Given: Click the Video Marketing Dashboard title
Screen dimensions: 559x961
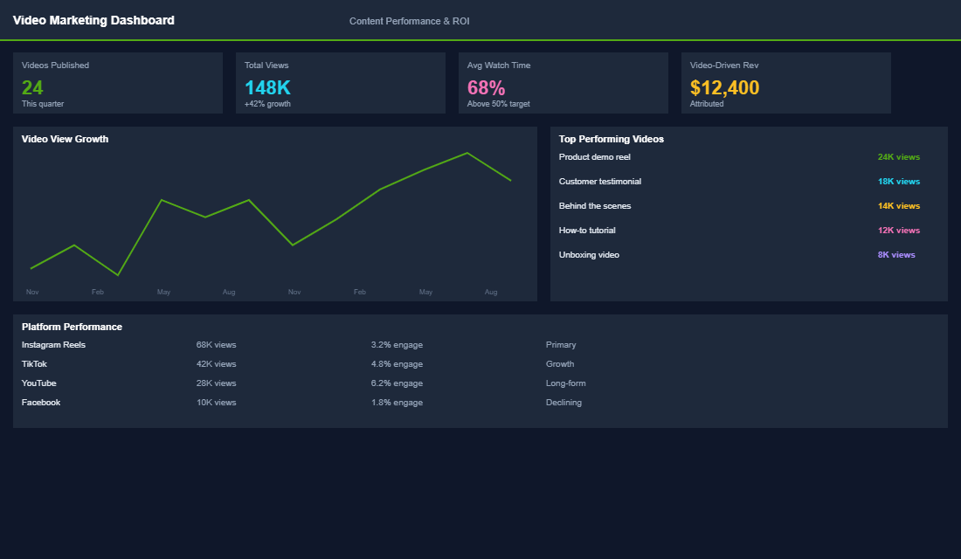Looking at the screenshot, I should pos(93,20).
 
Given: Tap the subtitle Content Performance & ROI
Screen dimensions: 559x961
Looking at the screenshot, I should pos(409,21).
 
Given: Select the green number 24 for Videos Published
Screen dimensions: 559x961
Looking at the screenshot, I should pos(32,87).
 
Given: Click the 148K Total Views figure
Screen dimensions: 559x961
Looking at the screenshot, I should pos(267,87).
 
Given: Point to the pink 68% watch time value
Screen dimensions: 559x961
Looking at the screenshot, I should pos(486,87).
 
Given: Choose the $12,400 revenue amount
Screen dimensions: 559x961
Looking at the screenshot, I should pos(724,87).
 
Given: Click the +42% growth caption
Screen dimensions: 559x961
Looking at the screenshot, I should pos(267,104).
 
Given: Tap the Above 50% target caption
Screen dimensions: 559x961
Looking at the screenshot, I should pos(498,104).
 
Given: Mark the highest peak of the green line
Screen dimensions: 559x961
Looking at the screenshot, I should pos(467,153).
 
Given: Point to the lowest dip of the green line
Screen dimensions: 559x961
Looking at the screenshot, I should pos(118,275).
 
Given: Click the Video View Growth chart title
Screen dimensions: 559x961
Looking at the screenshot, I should pos(65,139).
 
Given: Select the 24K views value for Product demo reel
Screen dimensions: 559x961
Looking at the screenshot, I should pos(898,157).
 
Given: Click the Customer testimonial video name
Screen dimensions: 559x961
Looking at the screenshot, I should pos(599,182).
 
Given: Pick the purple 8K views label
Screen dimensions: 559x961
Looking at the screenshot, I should pos(896,255).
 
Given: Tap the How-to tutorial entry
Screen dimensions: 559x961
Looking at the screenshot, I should pos(587,231).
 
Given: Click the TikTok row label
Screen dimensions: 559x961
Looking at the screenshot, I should pos(34,364).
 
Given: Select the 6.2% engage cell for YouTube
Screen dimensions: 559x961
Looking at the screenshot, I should pos(397,383).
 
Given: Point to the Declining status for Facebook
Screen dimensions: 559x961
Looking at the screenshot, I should pos(563,403).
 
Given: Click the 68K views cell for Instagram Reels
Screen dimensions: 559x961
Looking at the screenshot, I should pos(216,345).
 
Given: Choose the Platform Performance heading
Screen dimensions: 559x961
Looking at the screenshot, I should pos(72,327).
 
